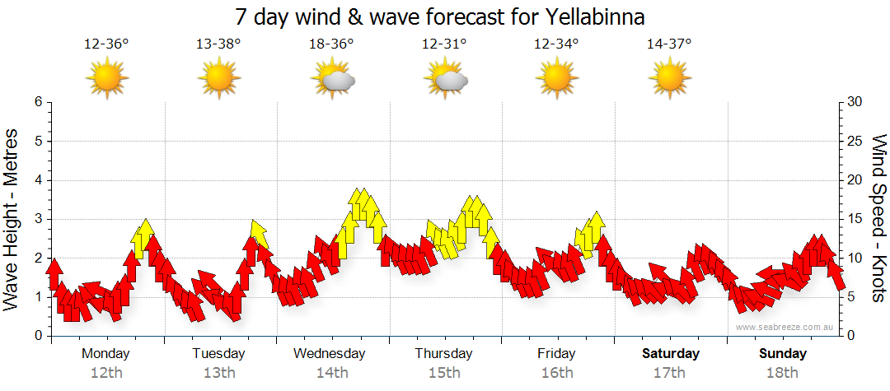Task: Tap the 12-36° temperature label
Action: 106,44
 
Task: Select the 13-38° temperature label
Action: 218,44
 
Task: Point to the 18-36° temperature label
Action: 331,44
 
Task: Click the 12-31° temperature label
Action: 444,44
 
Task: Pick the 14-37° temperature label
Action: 669,44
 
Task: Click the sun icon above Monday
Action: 107,79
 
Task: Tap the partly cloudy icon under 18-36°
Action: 333,80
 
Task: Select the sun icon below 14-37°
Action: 669,79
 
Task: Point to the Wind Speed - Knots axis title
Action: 878,218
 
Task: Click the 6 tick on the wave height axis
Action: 38,102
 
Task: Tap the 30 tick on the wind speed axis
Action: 855,102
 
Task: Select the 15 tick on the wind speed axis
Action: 855,219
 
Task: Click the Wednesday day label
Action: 330,354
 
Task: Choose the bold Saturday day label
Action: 671,354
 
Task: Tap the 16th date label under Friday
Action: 557,373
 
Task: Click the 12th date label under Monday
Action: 106,373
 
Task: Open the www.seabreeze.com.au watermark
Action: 785,327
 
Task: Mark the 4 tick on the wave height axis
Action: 38,180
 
